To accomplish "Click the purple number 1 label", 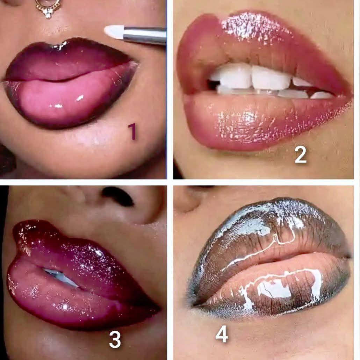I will (x=132, y=132).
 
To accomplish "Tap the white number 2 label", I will (x=301, y=155).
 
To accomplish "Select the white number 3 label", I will (x=115, y=339).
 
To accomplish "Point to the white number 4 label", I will (x=222, y=334).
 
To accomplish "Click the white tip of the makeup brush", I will (x=114, y=31).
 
